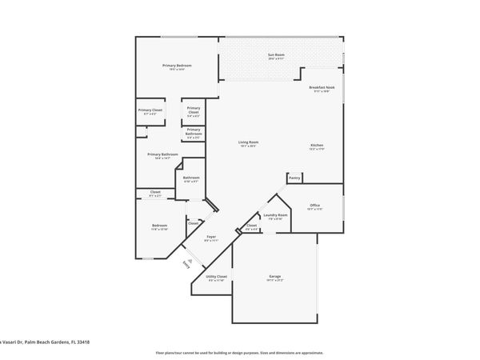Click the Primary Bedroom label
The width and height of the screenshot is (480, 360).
tap(177, 66)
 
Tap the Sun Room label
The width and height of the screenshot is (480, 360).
tap(276, 55)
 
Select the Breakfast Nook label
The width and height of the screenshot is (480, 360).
tap(322, 87)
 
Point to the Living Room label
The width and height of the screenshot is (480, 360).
tap(248, 143)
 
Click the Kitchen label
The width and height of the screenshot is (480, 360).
tap(318, 146)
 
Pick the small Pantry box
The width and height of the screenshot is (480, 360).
tap(294, 178)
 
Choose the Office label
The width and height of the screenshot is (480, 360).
tap(314, 206)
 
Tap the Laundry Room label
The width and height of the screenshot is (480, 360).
tap(275, 214)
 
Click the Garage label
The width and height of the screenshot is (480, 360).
tap(274, 278)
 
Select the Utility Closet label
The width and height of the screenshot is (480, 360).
tap(217, 277)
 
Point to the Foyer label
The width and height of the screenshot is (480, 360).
tap(212, 237)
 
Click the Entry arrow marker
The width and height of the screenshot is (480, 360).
tap(186, 262)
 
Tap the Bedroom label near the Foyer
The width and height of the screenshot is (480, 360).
tap(160, 226)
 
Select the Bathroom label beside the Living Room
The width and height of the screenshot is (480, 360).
tap(191, 178)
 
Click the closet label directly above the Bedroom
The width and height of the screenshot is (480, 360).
tap(154, 192)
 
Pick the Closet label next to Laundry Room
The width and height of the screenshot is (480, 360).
tap(251, 226)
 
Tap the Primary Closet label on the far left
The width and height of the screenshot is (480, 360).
tap(150, 110)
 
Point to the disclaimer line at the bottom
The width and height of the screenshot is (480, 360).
tap(239, 352)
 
